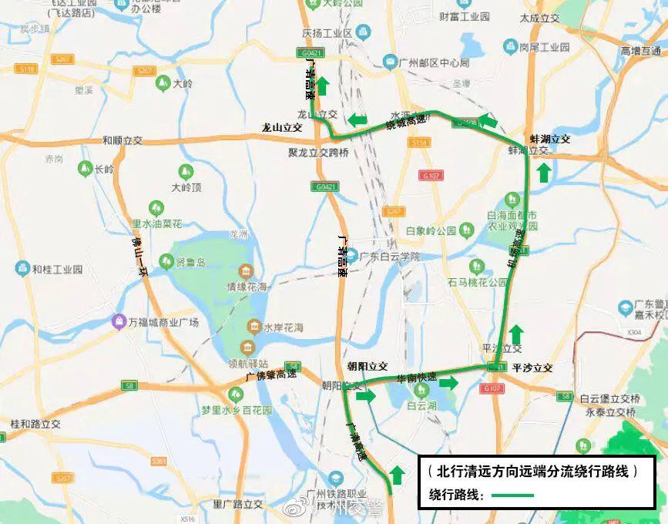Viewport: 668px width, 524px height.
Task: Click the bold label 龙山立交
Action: [x=282, y=128]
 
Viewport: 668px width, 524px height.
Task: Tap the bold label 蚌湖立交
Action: [x=549, y=139]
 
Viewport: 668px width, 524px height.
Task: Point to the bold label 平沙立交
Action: [x=532, y=368]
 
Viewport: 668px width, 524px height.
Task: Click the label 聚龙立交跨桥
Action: [x=318, y=153]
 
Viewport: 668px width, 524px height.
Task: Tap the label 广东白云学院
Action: [x=390, y=256]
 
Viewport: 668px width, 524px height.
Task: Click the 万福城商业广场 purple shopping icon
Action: [x=119, y=321]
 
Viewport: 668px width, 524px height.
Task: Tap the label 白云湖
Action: [x=422, y=405]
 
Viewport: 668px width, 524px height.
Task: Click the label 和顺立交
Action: [x=123, y=141]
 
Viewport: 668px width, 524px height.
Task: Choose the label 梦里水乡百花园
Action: [x=236, y=411]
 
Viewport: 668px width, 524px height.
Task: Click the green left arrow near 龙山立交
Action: [x=356, y=120]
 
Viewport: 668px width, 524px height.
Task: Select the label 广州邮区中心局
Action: [x=435, y=62]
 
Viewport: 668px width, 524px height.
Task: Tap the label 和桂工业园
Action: [x=57, y=269]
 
